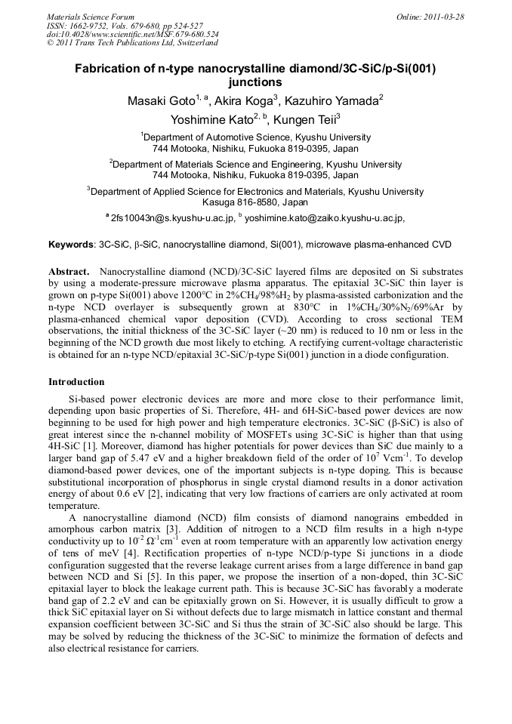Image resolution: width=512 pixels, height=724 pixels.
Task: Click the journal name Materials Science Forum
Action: click(91, 16)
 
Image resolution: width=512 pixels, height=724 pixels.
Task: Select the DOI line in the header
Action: click(133, 34)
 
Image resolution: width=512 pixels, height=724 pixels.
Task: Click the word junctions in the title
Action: click(255, 82)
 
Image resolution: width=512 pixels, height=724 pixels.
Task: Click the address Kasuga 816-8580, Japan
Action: click(255, 202)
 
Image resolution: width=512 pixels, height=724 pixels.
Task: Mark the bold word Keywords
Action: click(71, 245)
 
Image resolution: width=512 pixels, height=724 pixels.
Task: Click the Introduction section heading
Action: click(76, 382)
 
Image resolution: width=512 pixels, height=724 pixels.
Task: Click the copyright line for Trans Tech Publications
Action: click(132, 43)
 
